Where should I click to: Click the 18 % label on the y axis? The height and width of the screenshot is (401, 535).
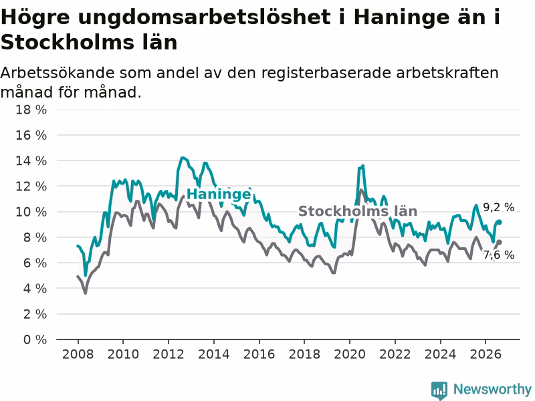coord(31,110)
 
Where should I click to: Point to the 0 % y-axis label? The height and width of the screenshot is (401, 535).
coord(35,340)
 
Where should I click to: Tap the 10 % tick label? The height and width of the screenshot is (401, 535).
coord(31,212)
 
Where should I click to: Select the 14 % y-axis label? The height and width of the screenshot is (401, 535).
coord(31,160)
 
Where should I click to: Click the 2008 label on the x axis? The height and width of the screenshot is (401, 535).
coord(78,354)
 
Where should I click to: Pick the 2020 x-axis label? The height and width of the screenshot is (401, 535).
coord(350,354)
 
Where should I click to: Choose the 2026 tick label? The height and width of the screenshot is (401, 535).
coord(486,354)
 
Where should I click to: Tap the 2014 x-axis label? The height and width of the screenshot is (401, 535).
coord(214,354)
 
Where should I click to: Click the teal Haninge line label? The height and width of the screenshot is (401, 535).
coord(219,194)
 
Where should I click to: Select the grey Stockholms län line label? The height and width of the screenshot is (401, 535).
coord(358,211)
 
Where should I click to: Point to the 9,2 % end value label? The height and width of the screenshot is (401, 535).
coord(498,207)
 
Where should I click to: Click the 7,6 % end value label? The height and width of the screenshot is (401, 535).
coord(498,255)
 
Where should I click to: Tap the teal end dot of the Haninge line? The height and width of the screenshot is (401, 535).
coord(500,222)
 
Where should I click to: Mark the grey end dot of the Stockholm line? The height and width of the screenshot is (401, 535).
coord(500,242)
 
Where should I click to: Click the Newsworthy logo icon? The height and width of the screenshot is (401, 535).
coord(439,390)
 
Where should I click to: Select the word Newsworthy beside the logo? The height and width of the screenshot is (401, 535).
coord(492,389)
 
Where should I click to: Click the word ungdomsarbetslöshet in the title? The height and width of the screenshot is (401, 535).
coord(205,17)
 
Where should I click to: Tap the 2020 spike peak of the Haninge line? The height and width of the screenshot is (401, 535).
coord(362,166)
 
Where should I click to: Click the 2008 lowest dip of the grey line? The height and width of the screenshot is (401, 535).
coord(86,293)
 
